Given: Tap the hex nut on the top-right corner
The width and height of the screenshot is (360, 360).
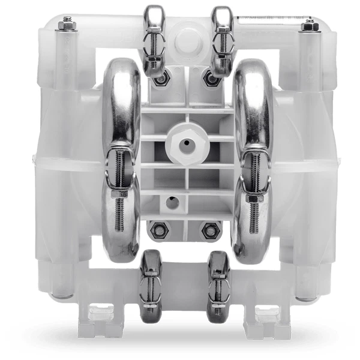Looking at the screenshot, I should [308, 25].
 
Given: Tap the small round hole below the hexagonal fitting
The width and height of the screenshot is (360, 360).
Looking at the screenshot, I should [172, 202].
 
